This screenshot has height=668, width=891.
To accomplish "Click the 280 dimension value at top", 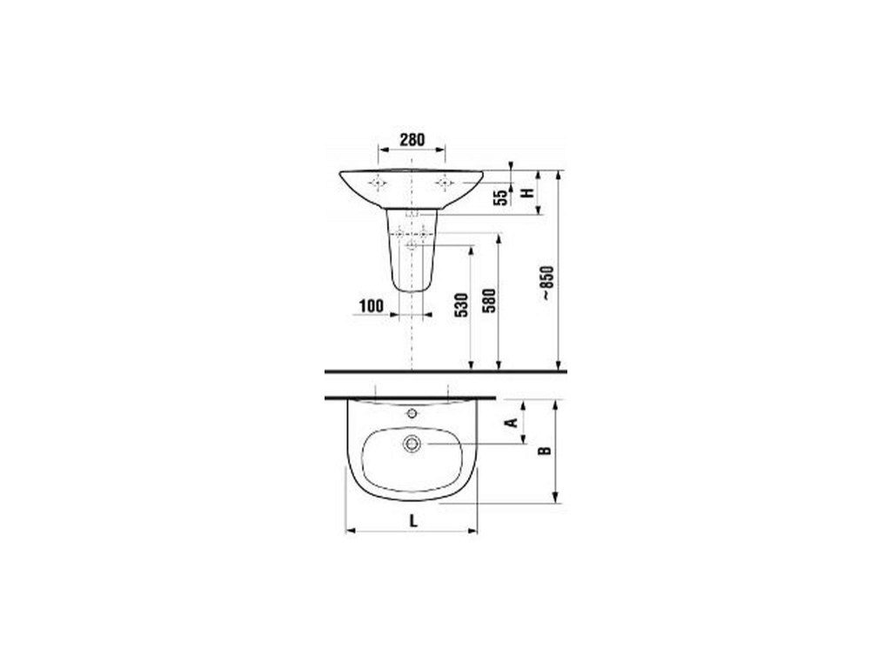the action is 412,139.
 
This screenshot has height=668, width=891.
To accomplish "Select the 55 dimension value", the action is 500,197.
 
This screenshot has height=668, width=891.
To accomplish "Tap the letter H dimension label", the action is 529,192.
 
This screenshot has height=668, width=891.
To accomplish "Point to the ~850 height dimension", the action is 546,283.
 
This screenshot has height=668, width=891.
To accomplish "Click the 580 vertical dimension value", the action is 490,301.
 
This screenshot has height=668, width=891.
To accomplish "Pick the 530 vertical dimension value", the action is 462,304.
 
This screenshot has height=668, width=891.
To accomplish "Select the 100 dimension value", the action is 371,306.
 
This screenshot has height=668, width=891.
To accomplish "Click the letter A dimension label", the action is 512,422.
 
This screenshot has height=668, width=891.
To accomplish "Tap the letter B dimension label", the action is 545,451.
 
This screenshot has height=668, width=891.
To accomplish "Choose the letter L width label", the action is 413,520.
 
